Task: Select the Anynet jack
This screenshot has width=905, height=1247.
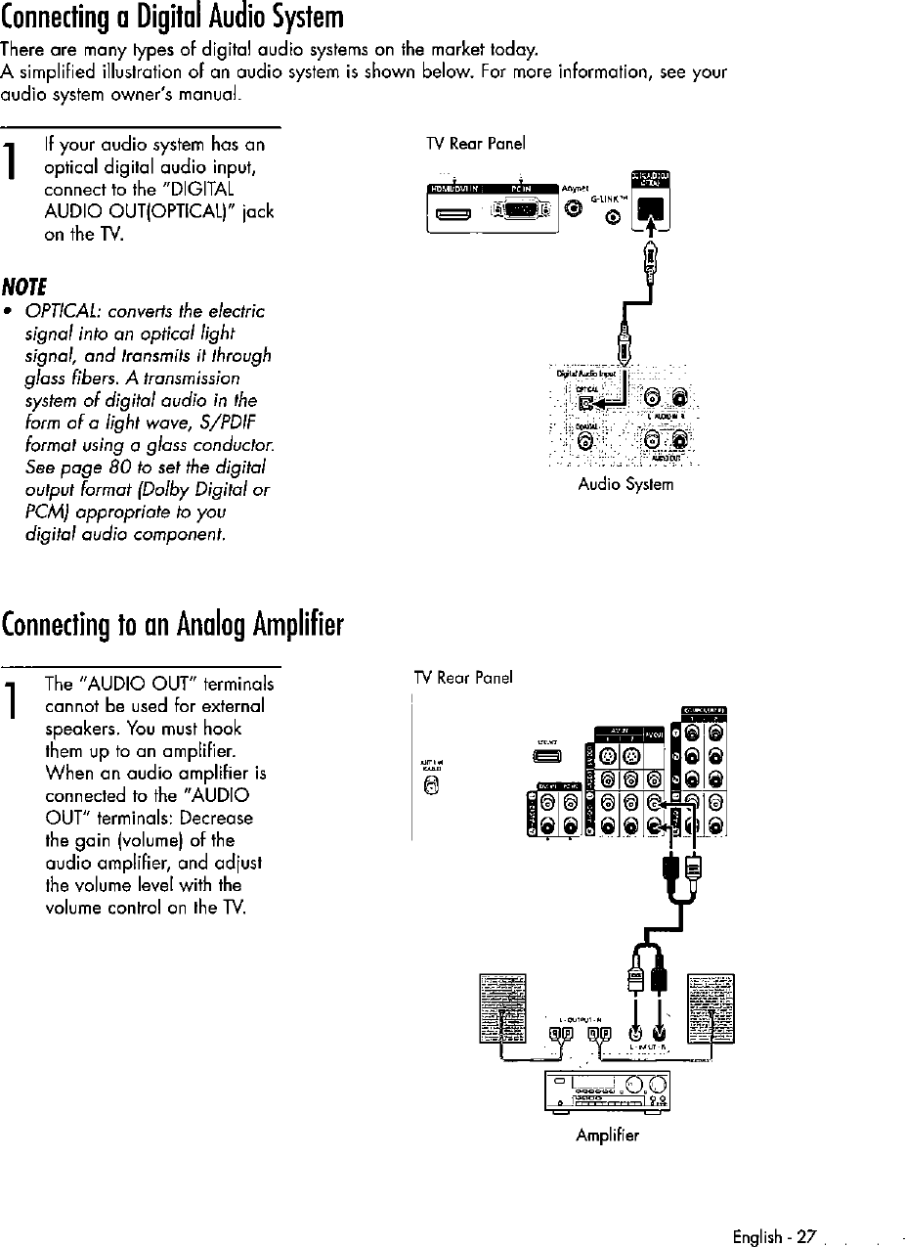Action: tap(573, 206)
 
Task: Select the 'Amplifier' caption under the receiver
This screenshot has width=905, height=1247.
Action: tap(608, 1136)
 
